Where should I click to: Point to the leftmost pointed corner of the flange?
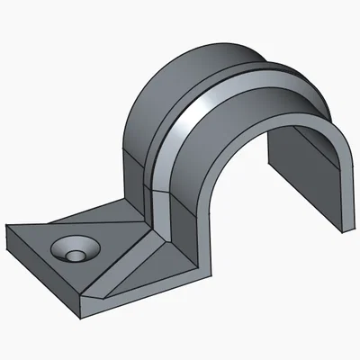pyautogui.click(x=8, y=226)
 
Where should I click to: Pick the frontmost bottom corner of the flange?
pyautogui.click(x=82, y=310)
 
